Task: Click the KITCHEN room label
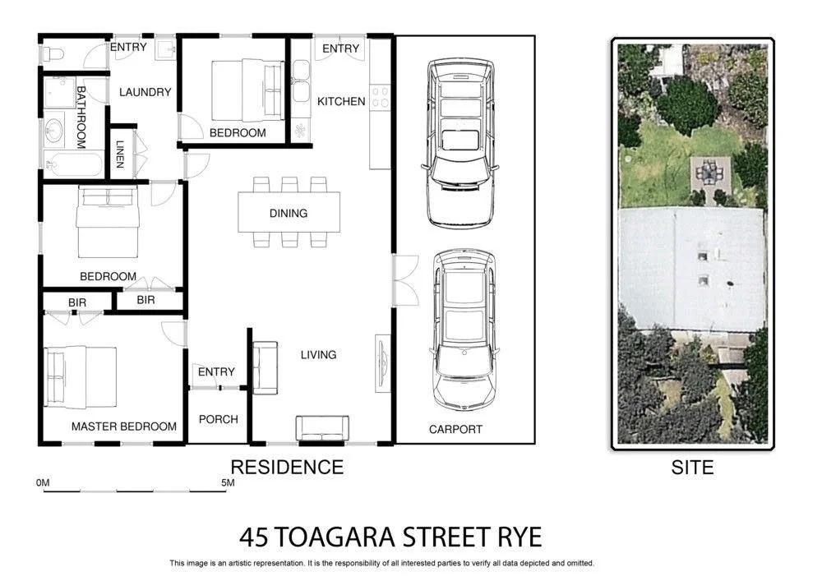coord(341,101)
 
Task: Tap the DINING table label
coord(289,213)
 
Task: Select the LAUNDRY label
coord(145,92)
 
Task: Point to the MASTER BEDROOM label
coord(123,427)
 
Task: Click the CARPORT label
coord(455,429)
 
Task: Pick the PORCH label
coord(218,419)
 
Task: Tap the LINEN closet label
coord(120,154)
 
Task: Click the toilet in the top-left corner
coord(53,54)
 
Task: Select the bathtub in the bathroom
coord(73,164)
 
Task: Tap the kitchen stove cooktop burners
coord(380,97)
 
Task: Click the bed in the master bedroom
coord(81,376)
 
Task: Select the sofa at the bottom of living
coord(322,428)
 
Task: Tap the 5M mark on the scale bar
coord(228,483)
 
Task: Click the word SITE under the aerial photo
coord(692,468)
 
